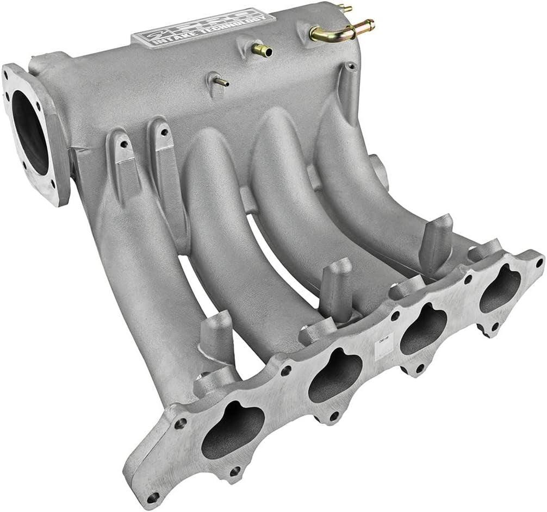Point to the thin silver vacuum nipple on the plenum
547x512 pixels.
coord(220,82)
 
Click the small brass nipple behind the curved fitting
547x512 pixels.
coord(344,8)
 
